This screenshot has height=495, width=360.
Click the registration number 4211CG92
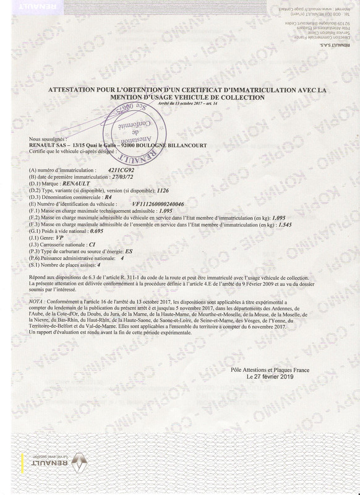click(x=120, y=168)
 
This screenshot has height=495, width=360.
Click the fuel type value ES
click(x=129, y=252)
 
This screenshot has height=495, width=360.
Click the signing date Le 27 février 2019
click(x=270, y=376)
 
